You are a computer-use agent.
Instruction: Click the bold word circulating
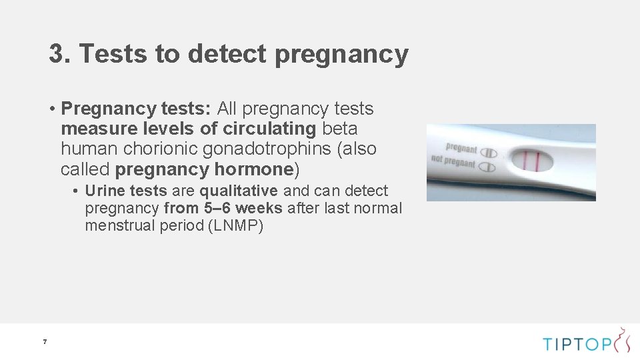[x=269, y=128]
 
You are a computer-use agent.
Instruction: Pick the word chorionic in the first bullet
[x=154, y=149]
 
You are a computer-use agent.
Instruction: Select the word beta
[x=340, y=128]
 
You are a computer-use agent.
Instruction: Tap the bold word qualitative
[x=239, y=191]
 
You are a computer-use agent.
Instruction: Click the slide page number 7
[x=45, y=342]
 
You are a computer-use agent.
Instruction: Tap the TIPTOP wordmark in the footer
[x=577, y=344]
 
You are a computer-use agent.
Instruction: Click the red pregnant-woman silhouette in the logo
[x=623, y=339]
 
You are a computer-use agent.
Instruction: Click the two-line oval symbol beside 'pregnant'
[x=489, y=152]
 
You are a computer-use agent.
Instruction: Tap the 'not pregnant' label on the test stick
[x=453, y=162]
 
